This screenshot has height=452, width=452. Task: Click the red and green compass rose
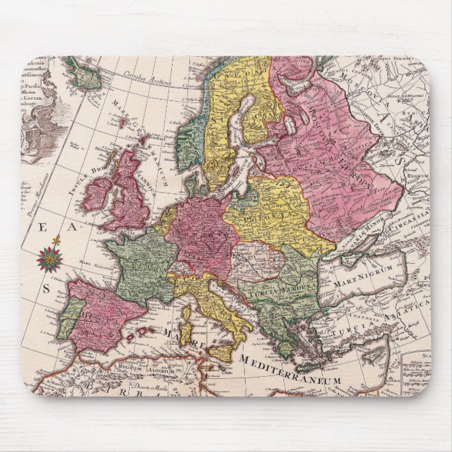tap(49, 258)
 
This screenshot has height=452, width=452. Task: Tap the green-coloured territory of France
tap(140, 267)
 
